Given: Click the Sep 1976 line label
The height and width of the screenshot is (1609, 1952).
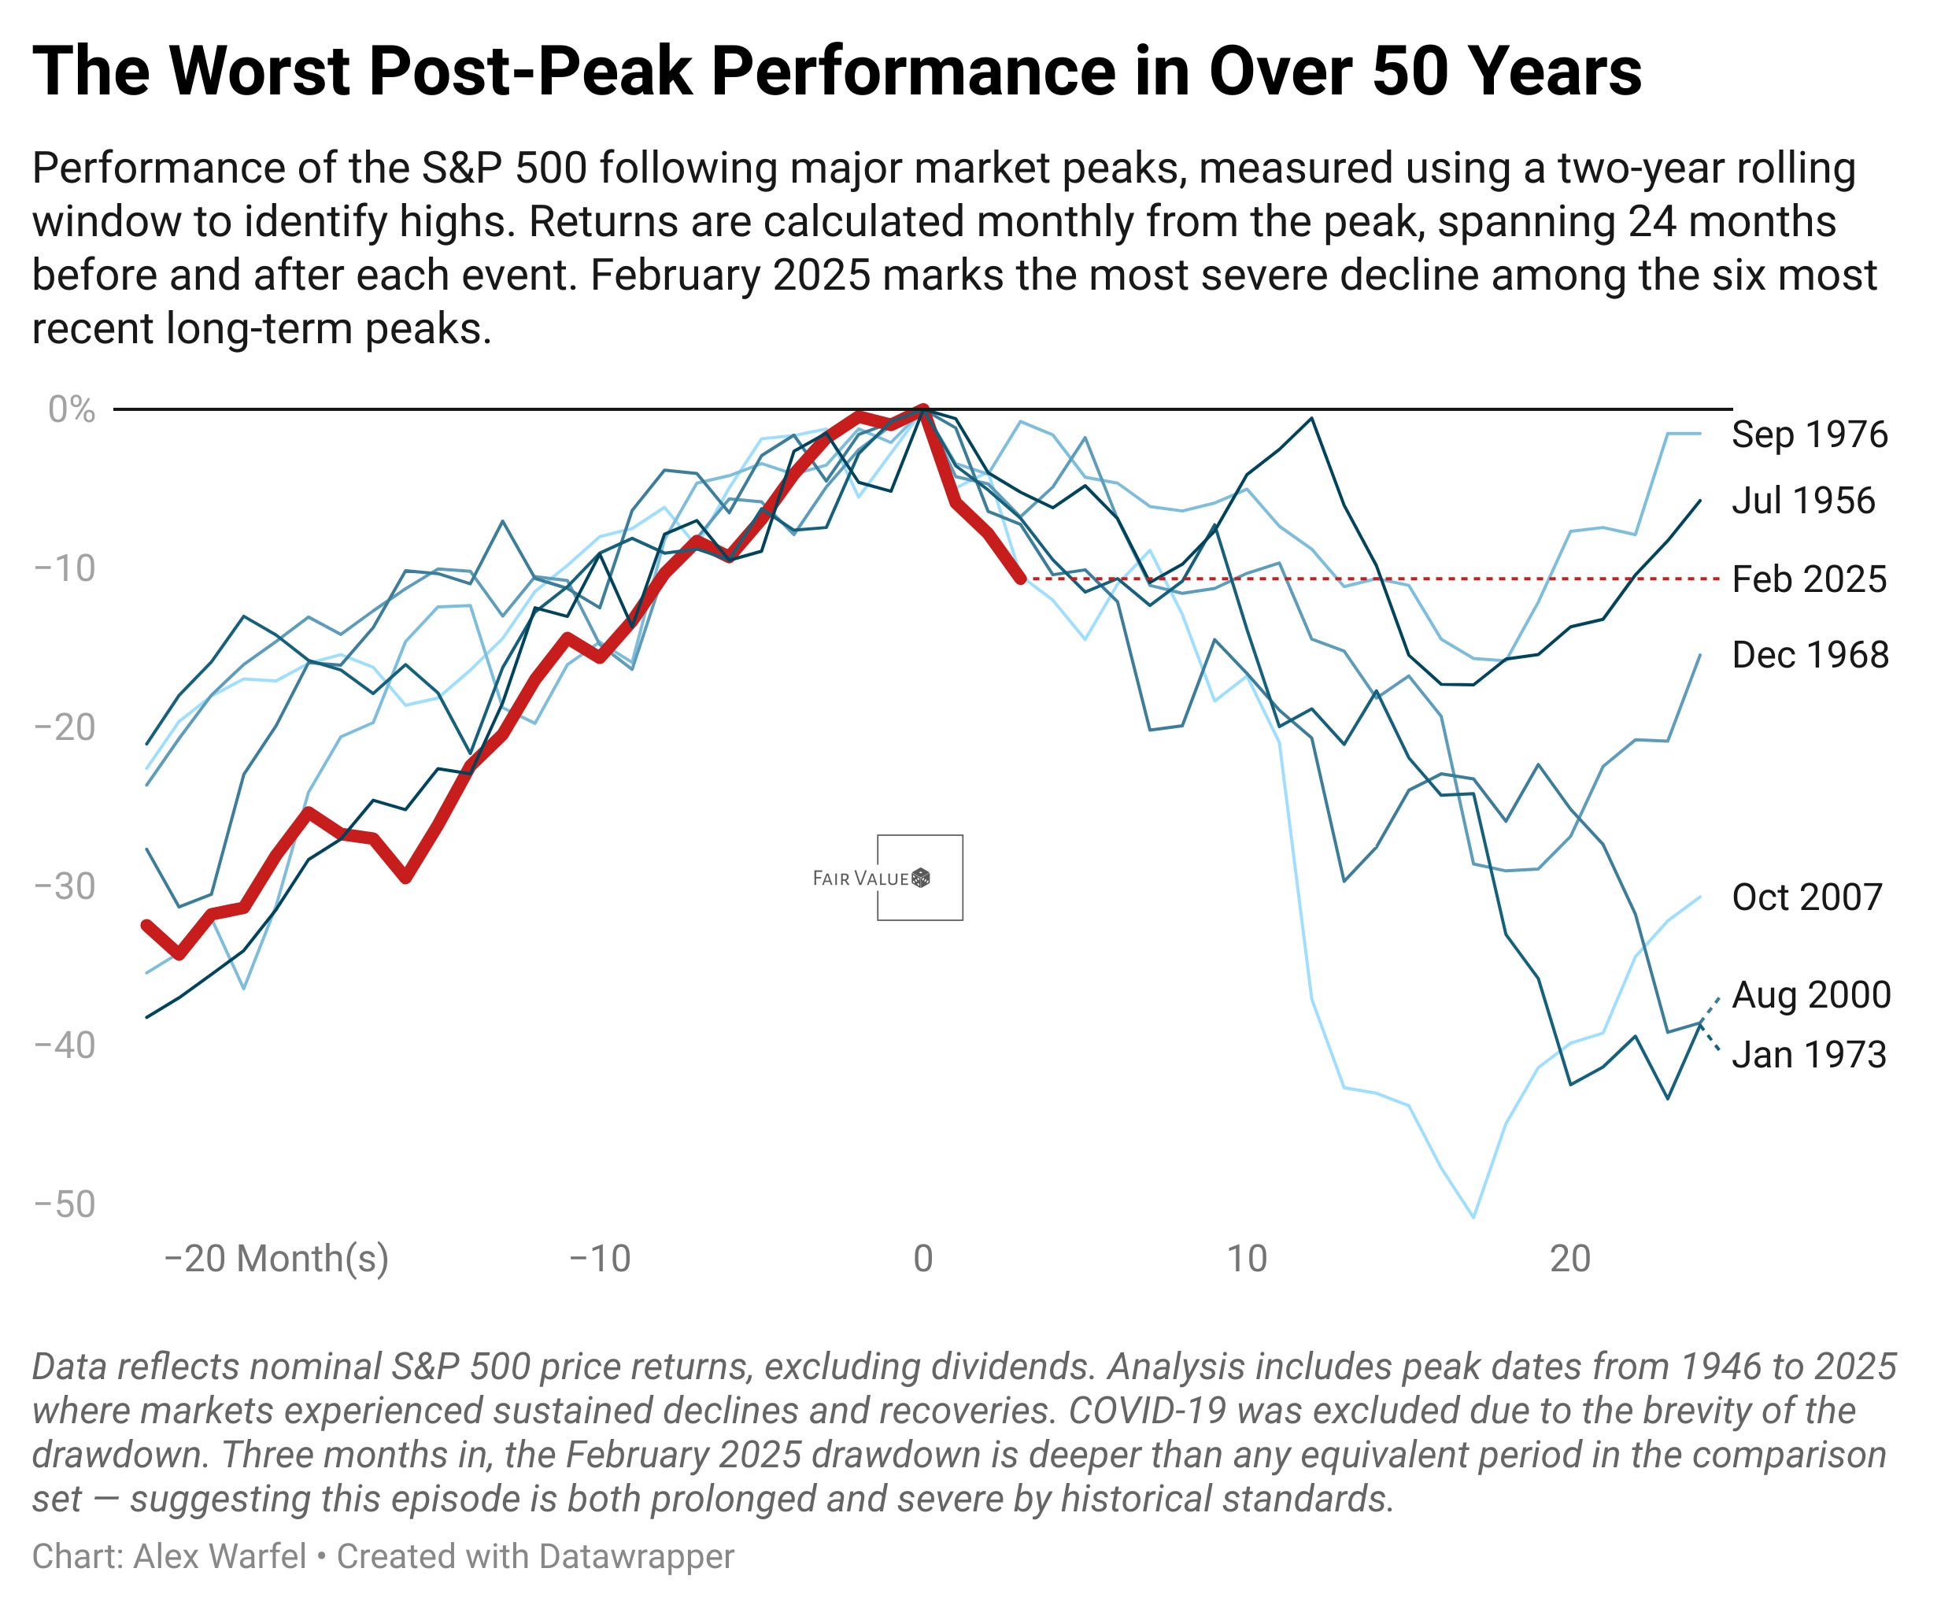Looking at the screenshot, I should [x=1808, y=435].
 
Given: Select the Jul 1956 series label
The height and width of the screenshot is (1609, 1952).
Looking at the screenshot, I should [x=1802, y=501].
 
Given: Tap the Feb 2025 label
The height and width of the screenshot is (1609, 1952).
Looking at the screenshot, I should [x=1808, y=579].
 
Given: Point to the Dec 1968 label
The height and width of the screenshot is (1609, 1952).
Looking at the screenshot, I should [x=1810, y=655].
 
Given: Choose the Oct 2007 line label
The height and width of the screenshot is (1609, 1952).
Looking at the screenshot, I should [x=1806, y=897].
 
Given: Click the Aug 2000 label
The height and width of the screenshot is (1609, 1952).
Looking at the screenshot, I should [x=1810, y=994].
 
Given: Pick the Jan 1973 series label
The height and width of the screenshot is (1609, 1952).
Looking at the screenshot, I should [x=1808, y=1055].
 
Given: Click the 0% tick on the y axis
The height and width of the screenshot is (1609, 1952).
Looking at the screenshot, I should [x=72, y=409].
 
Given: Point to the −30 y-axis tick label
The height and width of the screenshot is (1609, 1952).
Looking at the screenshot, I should [x=65, y=886].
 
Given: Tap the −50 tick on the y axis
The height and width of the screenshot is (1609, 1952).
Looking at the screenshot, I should [x=65, y=1204].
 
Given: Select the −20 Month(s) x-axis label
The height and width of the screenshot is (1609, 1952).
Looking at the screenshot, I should [x=276, y=1259].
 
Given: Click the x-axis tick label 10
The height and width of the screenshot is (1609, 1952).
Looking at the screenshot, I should [x=1246, y=1259].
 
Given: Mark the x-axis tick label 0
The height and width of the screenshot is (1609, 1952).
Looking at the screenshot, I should [x=922, y=1259].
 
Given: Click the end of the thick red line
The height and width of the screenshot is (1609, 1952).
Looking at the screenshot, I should [x=1021, y=579].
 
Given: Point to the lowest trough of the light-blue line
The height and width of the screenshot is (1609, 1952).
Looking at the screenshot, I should [x=1473, y=1216].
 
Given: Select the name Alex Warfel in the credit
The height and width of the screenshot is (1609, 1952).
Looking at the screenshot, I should [x=220, y=1556].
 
